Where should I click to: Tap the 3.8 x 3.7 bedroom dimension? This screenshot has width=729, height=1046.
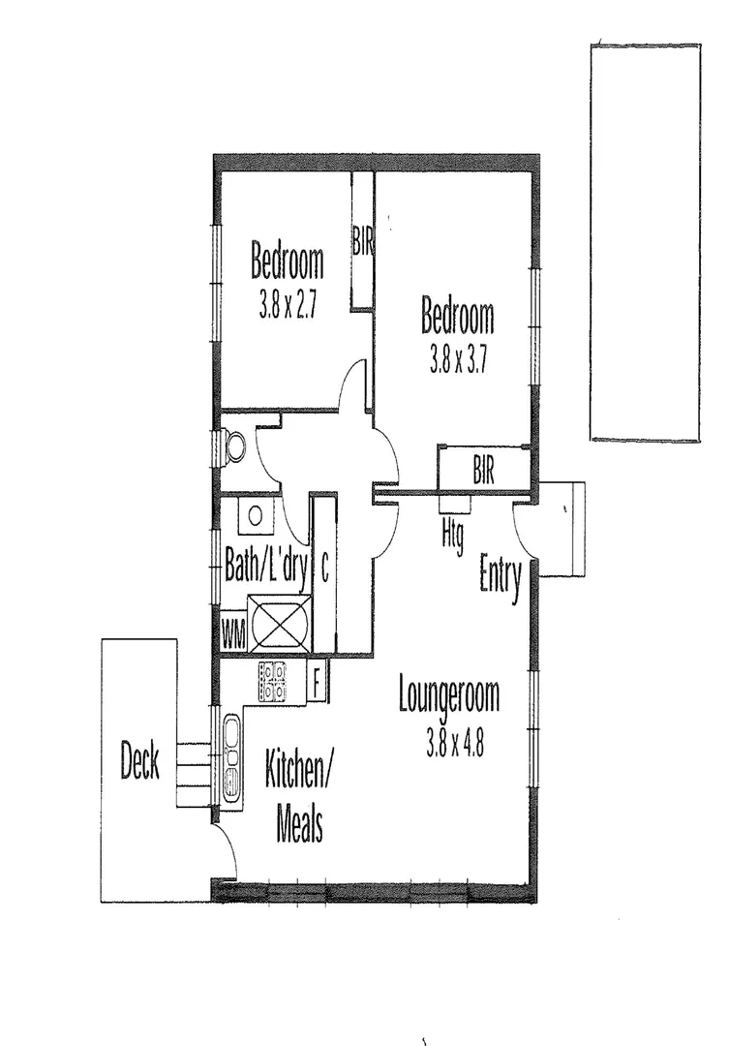457,360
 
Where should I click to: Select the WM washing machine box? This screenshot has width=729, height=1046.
233,636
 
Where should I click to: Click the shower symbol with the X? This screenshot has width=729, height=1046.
280,622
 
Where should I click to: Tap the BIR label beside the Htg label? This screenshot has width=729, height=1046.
484,472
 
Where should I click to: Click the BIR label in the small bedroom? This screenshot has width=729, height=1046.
363,240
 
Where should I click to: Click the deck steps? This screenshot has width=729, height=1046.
193,774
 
